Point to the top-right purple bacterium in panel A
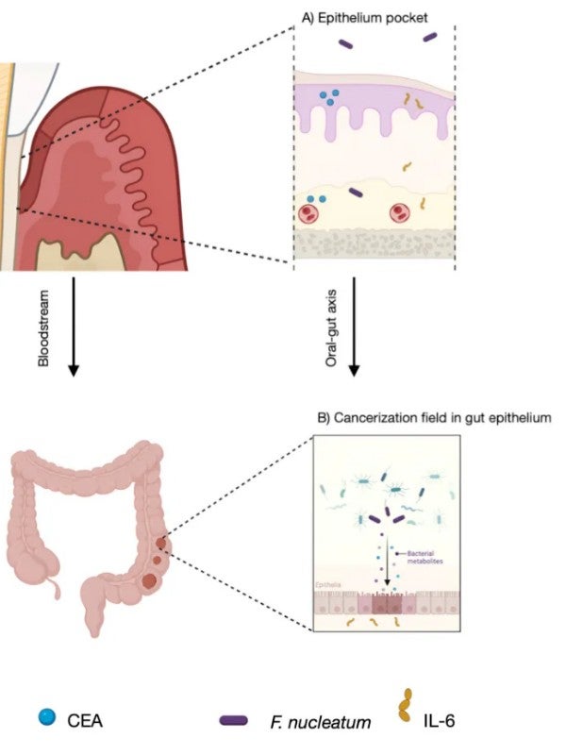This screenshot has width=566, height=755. pos(430,37)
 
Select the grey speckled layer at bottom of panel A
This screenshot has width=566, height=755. pos(375,244)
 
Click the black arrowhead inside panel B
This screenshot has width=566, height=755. pos(387,582)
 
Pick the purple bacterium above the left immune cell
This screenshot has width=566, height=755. pos(356,193)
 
